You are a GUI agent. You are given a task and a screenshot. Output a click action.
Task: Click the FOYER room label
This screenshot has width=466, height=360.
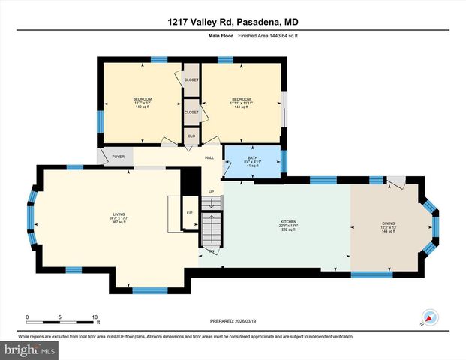tap(118, 157)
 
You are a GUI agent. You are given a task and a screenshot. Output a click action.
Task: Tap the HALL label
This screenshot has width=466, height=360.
tap(209, 157)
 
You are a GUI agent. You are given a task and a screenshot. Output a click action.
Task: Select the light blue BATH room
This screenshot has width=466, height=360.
tap(252, 165)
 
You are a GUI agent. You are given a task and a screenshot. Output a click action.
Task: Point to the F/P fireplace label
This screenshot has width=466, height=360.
tap(189, 213)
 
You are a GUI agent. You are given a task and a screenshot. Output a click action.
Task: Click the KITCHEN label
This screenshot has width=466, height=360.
tap(289, 222)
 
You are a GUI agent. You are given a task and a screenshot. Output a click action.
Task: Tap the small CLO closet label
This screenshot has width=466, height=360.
tap(191, 136)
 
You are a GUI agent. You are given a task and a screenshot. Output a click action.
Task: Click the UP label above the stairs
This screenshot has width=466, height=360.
tap(212, 191)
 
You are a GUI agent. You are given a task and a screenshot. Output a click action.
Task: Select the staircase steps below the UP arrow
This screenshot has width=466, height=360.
tap(212, 229)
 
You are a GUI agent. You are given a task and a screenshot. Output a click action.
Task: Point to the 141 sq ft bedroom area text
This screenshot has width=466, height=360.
tap(241, 107)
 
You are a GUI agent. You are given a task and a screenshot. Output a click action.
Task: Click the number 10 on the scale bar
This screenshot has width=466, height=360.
tap(95, 316)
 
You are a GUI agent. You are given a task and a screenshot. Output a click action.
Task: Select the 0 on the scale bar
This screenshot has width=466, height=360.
tap(28, 316)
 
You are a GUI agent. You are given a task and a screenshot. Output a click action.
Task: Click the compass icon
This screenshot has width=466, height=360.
tap(428, 317)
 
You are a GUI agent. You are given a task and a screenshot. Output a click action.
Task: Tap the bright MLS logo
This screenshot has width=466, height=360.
tap(29, 349)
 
